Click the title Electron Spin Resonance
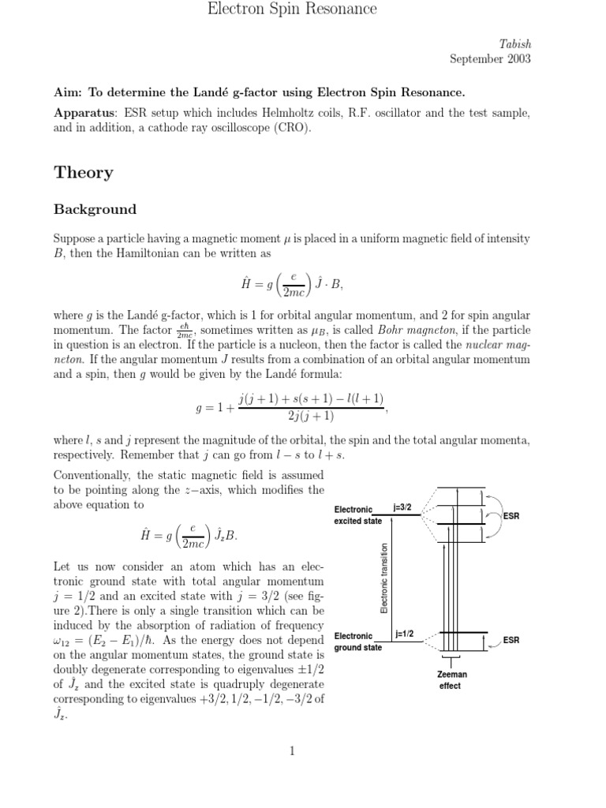291,9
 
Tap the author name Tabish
514,45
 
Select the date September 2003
490,59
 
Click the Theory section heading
83,173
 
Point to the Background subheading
95,210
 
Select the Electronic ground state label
358,642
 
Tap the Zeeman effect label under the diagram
450,680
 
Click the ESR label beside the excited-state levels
511,516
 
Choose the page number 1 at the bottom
292,750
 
